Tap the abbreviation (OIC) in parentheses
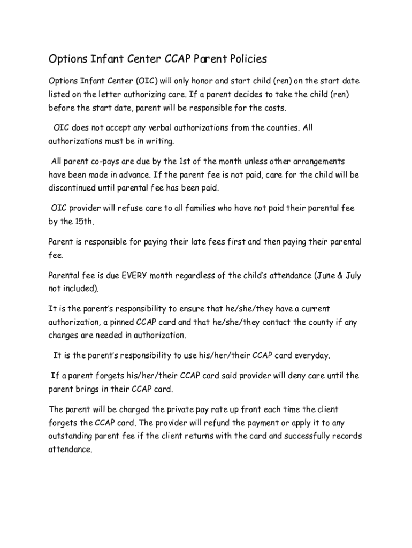click(146, 81)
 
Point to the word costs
click(274, 108)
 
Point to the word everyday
click(312, 355)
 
